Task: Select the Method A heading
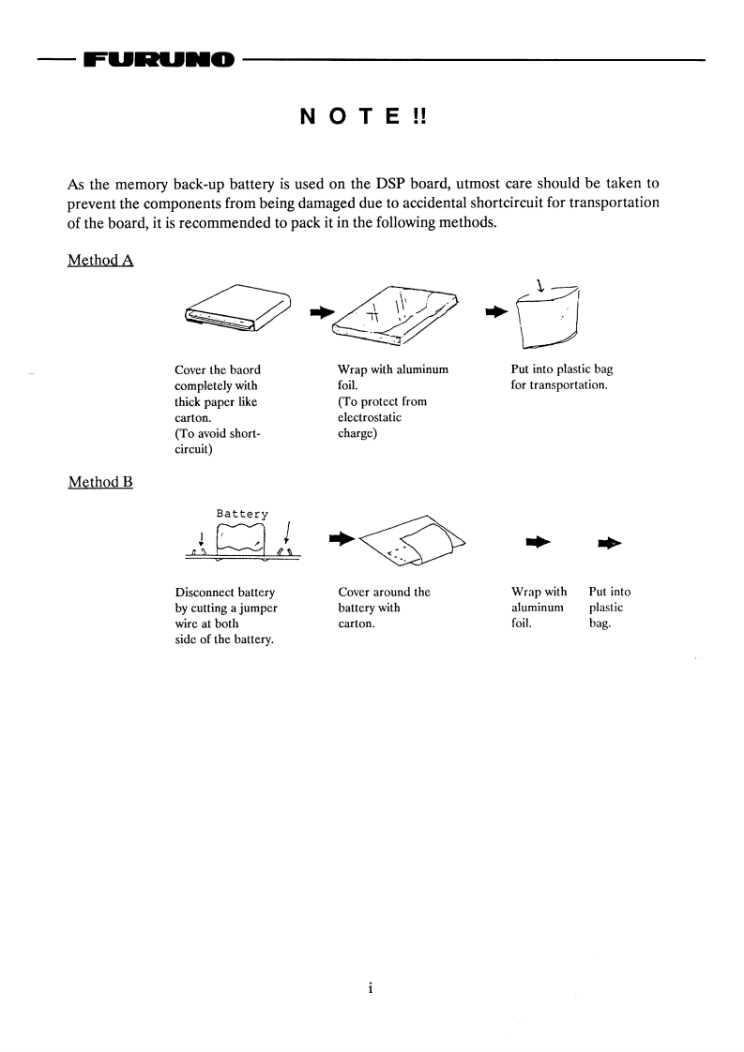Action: pos(100,260)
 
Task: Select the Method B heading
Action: pos(100,482)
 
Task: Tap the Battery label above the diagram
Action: pos(242,514)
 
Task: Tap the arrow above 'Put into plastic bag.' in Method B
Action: pos(609,542)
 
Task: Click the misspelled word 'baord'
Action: pos(243,370)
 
